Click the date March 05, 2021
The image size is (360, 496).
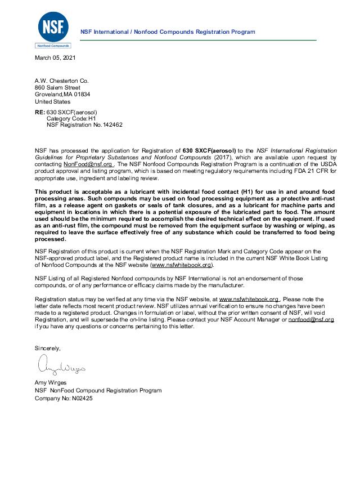click(55, 58)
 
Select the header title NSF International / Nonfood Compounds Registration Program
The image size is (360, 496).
click(168, 32)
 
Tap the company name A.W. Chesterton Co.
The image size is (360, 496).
click(62, 81)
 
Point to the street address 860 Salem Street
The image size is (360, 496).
click(57, 88)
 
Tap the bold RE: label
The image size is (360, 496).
click(40, 112)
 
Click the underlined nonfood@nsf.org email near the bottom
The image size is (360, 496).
click(311, 319)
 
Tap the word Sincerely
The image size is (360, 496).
click(47, 348)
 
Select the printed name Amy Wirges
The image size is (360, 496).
click(51, 383)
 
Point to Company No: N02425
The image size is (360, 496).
click(64, 398)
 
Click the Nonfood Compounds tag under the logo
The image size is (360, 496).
click(53, 46)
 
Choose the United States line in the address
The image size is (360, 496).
click(52, 101)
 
